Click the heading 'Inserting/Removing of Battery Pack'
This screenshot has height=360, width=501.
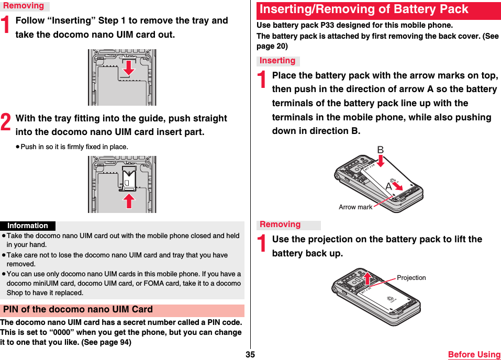point(364,10)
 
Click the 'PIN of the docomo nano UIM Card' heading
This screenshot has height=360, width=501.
point(78,310)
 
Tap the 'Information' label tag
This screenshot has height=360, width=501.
point(28,226)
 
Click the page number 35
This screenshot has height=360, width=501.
point(250,354)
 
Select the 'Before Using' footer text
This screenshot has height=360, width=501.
point(474,355)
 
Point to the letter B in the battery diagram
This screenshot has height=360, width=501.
point(380,151)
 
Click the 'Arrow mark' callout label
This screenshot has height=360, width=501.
point(355,207)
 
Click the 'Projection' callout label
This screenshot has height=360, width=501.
point(411,278)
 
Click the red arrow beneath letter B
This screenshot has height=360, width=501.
point(381,161)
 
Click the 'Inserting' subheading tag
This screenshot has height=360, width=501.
point(277,61)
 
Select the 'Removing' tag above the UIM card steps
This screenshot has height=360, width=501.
point(24,6)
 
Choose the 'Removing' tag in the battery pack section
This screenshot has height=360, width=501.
point(280,224)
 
